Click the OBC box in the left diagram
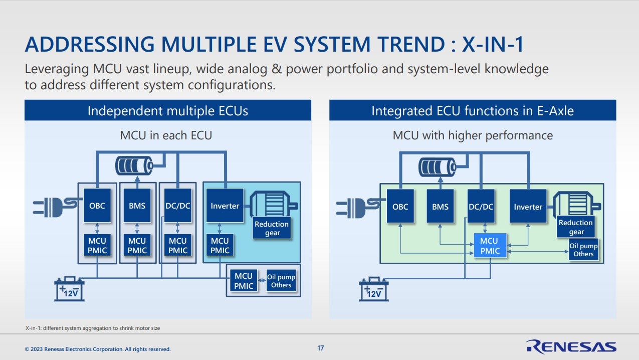click(x=97, y=206)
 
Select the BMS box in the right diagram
click(x=440, y=206)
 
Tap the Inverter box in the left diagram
click(x=225, y=206)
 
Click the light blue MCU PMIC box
click(x=490, y=246)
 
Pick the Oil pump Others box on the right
click(x=583, y=250)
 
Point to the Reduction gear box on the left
click(x=272, y=228)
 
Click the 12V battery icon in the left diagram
click(x=70, y=289)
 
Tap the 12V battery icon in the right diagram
click(x=374, y=289)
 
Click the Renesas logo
click(x=571, y=346)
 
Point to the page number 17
click(x=321, y=348)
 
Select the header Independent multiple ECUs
click(x=167, y=110)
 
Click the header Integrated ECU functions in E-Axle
click(x=472, y=110)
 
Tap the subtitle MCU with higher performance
click(x=472, y=135)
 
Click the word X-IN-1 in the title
click(x=492, y=45)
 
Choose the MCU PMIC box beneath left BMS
click(x=137, y=246)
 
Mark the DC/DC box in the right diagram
click(x=481, y=206)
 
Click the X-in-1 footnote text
click(x=93, y=328)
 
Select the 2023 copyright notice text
click(x=98, y=349)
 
